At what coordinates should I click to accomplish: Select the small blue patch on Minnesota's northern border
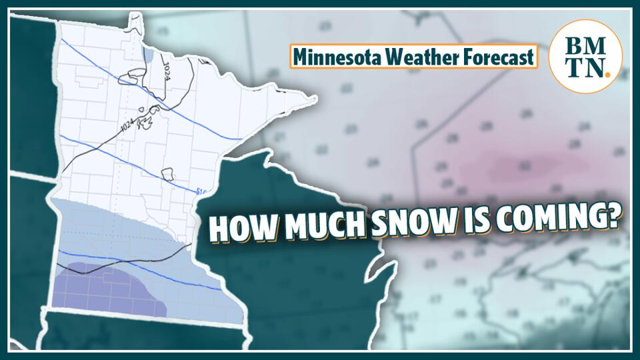[x=147, y=55]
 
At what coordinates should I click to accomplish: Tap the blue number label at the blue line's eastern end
[x=202, y=192]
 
